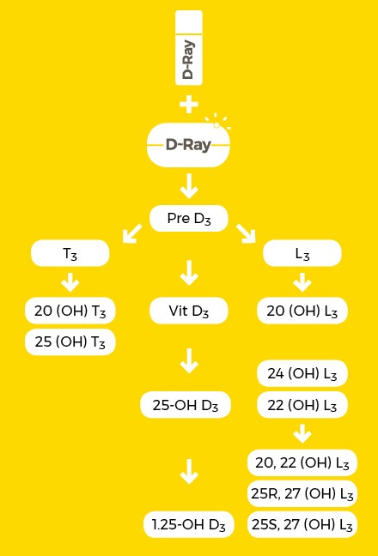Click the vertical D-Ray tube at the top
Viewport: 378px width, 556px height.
[x=189, y=48]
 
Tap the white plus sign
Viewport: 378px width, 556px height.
[x=189, y=105]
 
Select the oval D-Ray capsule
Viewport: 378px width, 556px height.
[x=188, y=145]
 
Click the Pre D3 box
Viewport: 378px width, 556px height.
[x=189, y=219]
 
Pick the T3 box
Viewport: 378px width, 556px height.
[x=70, y=253]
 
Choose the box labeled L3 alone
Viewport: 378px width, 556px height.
[x=302, y=253]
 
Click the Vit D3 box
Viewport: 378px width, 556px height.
[x=189, y=311]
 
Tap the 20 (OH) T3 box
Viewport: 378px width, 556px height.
[x=70, y=311]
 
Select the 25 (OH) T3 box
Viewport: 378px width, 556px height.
[x=70, y=341]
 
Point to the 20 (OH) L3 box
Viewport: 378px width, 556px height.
[x=302, y=311]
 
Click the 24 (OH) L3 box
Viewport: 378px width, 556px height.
[x=302, y=373]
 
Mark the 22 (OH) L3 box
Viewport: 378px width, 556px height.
[x=302, y=405]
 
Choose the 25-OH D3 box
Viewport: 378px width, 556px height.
[x=186, y=405]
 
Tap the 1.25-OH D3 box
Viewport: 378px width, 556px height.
[x=189, y=524]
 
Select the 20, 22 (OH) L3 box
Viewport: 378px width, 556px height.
[x=302, y=462]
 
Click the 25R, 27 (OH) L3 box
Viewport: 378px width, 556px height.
[x=302, y=493]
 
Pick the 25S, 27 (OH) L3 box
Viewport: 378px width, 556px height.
[x=302, y=524]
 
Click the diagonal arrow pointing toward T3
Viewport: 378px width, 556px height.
[x=131, y=233]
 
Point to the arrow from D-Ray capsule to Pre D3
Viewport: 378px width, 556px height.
[x=189, y=186]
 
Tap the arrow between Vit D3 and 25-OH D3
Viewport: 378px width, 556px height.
[x=189, y=360]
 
